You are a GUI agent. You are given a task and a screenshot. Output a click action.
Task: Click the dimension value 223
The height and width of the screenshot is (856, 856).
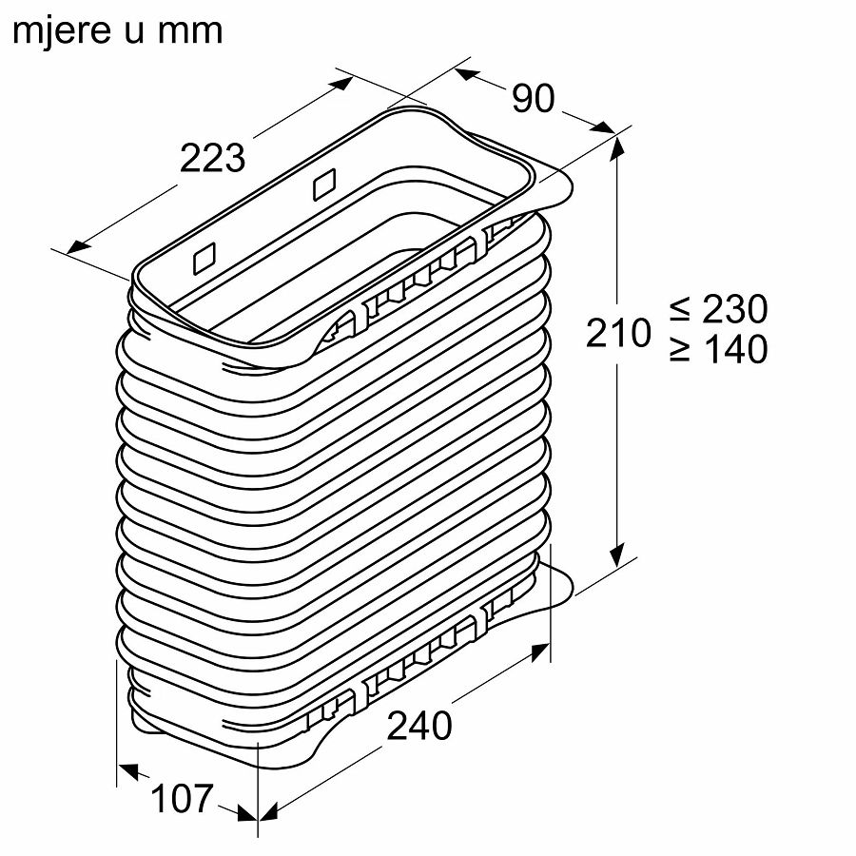pos(212,158)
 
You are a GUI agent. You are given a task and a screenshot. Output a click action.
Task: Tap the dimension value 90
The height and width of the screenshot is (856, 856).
pos(533,98)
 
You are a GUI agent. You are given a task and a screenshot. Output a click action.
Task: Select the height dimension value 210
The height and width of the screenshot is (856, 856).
pos(618,333)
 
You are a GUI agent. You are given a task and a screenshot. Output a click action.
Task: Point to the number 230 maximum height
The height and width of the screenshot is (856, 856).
pos(735,309)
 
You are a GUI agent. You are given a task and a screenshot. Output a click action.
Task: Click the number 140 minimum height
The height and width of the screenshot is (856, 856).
pos(736,349)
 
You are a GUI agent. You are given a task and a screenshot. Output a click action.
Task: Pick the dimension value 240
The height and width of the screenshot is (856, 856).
pos(419,726)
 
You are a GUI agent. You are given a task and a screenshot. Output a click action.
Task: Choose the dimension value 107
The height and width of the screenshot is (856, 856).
pos(182,799)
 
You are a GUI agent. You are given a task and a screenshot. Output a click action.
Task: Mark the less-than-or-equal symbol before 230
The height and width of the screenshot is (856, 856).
pos(680,308)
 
